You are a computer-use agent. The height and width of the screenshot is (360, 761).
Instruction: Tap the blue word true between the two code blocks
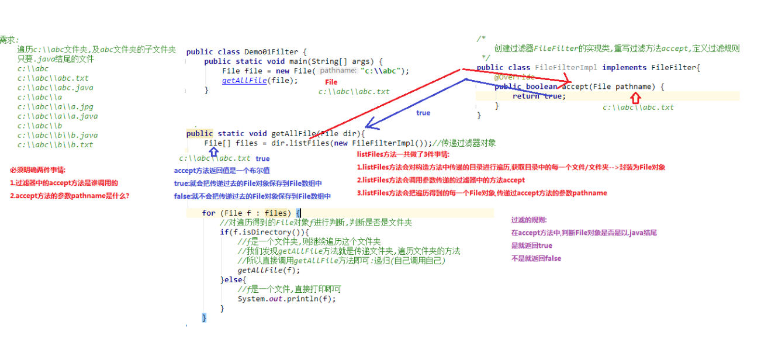(x=423, y=113)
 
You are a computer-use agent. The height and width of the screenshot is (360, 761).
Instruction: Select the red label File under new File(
(x=331, y=82)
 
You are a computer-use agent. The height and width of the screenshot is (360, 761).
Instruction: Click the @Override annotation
(x=514, y=77)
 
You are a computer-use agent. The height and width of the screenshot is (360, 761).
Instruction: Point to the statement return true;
(x=539, y=96)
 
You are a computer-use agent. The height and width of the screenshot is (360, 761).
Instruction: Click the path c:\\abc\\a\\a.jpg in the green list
(x=55, y=107)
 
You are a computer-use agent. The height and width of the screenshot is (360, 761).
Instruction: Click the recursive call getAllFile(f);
(x=268, y=270)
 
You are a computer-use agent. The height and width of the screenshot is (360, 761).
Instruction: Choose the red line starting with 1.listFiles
(x=511, y=168)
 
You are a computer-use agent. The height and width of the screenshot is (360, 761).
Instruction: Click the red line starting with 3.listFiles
(x=482, y=193)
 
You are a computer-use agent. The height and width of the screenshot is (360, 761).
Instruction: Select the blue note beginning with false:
(x=252, y=196)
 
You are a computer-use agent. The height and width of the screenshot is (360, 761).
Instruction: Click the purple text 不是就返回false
(x=536, y=258)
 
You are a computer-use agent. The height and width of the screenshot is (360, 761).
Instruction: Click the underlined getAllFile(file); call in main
(x=260, y=81)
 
